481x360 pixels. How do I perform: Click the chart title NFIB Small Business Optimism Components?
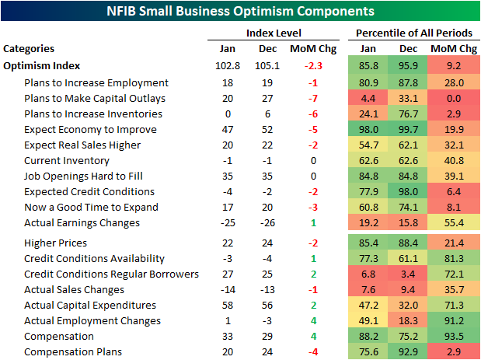pyautogui.click(x=241, y=12)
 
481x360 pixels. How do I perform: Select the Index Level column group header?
pyautogui.click(x=274, y=33)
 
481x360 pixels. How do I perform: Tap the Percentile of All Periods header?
pyautogui.click(x=413, y=33)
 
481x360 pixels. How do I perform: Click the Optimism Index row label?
pyautogui.click(x=42, y=66)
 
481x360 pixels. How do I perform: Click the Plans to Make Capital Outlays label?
pyautogui.click(x=95, y=98)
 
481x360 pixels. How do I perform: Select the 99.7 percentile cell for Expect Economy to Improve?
pyautogui.click(x=413, y=129)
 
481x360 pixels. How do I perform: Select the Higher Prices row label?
pyautogui.click(x=56, y=243)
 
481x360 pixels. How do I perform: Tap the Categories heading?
pyautogui.click(x=29, y=48)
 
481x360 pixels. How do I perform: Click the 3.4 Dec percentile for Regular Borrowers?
pyautogui.click(x=413, y=274)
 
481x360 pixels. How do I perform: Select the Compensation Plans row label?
pyautogui.click(x=73, y=351)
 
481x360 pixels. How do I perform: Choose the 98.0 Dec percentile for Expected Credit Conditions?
pyautogui.click(x=413, y=191)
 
